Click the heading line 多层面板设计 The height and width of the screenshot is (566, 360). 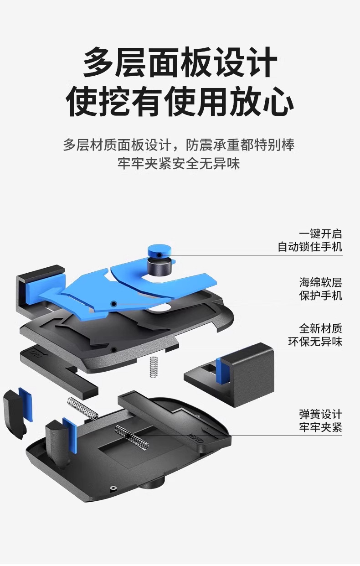180,63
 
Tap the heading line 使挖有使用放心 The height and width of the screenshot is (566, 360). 180,101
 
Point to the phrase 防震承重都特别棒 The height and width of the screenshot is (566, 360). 240,145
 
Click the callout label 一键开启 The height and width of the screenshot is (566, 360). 320,234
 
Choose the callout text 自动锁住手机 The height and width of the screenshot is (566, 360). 310,247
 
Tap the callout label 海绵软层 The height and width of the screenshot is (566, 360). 320,282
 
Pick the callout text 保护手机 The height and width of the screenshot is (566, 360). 320,296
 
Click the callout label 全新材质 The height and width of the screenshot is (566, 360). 320,328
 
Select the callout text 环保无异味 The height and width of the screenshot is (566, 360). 315,342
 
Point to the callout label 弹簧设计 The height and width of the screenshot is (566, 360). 320,414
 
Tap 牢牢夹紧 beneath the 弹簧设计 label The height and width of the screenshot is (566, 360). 320,428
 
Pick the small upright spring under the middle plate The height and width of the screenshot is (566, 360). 153,367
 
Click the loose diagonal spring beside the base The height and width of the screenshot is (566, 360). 82,407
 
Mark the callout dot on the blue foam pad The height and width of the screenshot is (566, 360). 113,303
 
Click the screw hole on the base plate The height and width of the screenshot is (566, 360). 113,489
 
